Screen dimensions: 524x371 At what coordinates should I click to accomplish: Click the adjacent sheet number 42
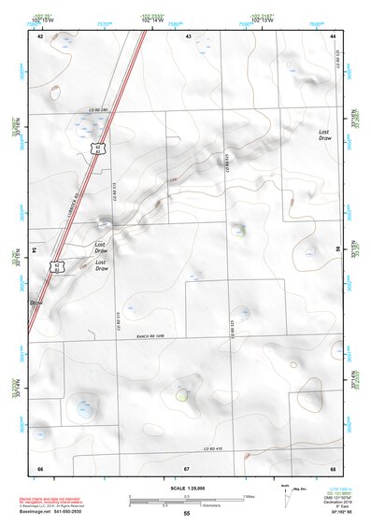click(x=40, y=35)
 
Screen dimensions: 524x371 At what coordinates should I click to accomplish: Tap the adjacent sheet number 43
click(x=188, y=35)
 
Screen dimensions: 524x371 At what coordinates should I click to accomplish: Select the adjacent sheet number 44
click(x=334, y=35)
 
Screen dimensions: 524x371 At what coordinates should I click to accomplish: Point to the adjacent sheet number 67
click(x=187, y=468)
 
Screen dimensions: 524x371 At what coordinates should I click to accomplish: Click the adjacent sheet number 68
click(x=334, y=468)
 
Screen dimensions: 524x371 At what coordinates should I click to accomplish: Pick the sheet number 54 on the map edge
click(x=34, y=251)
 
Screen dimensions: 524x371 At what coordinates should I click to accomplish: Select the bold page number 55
click(x=186, y=514)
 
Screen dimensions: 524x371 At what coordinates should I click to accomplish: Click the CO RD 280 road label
click(x=98, y=111)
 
